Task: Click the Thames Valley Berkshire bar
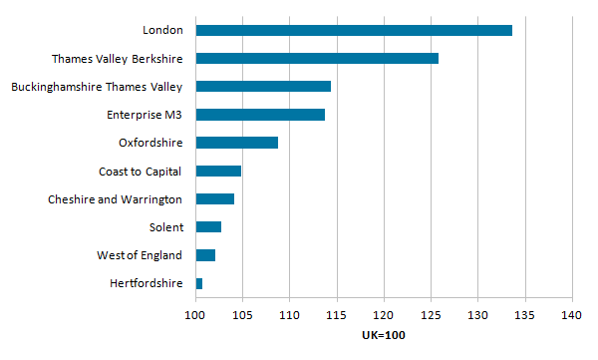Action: [317, 58]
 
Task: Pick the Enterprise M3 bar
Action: [260, 115]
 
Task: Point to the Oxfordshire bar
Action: [236, 143]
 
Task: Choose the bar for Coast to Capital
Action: [218, 171]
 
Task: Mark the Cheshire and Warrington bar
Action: [215, 198]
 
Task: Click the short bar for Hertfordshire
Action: [199, 284]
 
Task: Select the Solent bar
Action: [208, 227]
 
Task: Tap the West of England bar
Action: [205, 255]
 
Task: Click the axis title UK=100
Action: [383, 335]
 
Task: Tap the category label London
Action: [162, 30]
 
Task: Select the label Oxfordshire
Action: [149, 143]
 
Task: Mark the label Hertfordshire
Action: [147, 284]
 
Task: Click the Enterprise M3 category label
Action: [145, 115]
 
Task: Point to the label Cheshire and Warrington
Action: [115, 199]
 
